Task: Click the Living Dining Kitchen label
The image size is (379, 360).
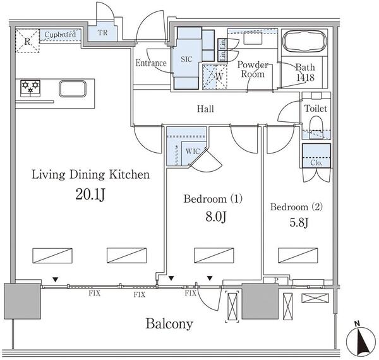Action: (x=91, y=175)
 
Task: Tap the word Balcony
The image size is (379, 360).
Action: (x=169, y=324)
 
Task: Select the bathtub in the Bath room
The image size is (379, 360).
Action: (x=303, y=42)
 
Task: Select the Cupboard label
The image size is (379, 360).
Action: (x=61, y=34)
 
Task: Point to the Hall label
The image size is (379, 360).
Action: (x=205, y=109)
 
